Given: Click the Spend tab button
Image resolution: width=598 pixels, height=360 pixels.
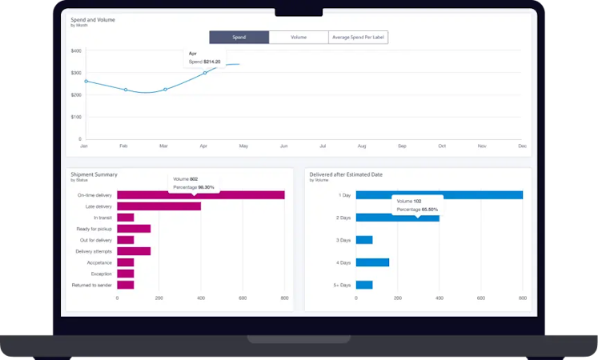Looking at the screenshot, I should tap(239, 37).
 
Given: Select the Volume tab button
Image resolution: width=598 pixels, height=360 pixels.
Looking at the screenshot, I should tap(299, 37).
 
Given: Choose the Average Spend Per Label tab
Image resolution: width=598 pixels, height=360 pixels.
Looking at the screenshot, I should tap(358, 37).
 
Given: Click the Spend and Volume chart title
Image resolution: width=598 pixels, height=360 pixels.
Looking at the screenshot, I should tap(93, 19).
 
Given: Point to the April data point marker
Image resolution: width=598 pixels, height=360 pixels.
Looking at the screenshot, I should tap(204, 73).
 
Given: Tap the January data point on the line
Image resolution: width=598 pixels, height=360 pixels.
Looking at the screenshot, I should tap(86, 81).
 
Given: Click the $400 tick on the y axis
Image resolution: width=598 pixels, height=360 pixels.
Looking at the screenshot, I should tap(76, 50).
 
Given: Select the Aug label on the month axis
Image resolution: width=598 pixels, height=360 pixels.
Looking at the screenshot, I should tap(362, 146).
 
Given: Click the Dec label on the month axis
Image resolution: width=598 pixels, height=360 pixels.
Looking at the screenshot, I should tap(522, 146).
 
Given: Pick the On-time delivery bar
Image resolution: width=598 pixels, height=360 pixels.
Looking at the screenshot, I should tap(200, 194).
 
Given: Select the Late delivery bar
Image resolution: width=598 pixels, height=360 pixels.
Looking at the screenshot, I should tap(159, 206).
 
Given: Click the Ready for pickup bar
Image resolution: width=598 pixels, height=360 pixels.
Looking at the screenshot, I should tap(134, 229).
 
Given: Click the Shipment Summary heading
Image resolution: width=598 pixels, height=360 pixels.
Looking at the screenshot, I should tap(94, 174).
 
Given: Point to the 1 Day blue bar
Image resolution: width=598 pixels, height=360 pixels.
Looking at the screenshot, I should tap(439, 194).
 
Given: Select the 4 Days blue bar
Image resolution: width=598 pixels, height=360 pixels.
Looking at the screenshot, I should tap(372, 262).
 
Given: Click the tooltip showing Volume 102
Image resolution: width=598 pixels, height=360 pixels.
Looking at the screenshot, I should tap(416, 205).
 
